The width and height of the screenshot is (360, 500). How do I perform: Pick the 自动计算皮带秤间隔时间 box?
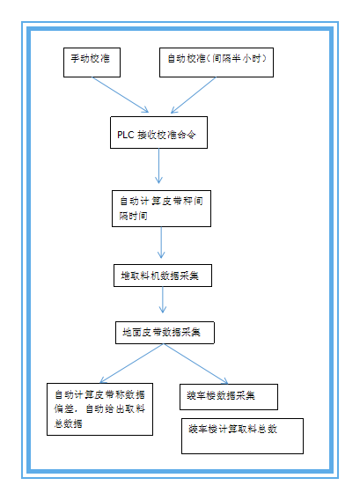161,207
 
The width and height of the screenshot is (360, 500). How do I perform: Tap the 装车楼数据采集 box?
228,395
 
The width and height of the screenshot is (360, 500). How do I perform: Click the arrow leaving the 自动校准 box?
194,94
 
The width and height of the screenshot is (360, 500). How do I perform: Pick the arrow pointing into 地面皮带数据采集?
163,302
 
